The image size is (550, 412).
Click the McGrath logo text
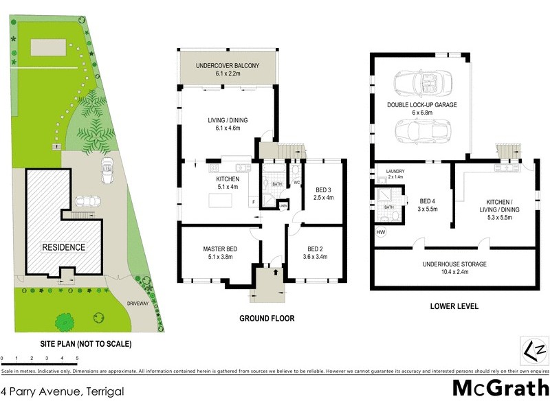coord(500,388)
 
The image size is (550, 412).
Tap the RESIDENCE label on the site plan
coord(64,247)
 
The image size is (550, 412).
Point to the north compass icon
coord(533,351)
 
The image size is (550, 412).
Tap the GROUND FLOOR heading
coord(267,319)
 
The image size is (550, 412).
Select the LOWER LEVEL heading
coord(454,306)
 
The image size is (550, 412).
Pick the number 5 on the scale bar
coord(78,358)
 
